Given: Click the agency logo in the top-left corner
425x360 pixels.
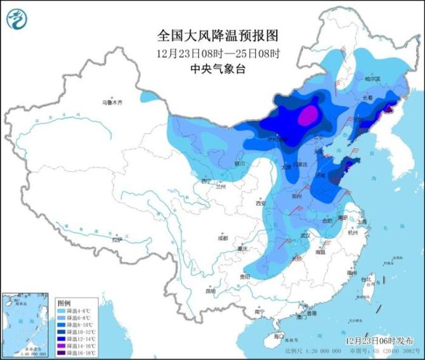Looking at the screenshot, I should [17, 18].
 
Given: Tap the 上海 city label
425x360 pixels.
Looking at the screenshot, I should [362, 222].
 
